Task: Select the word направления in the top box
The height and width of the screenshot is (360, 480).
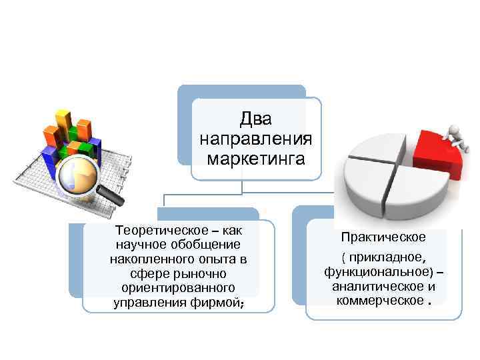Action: point(256,140)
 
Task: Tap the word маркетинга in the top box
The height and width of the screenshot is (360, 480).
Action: point(256,159)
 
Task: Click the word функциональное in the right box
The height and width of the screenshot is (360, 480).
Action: point(377,273)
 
